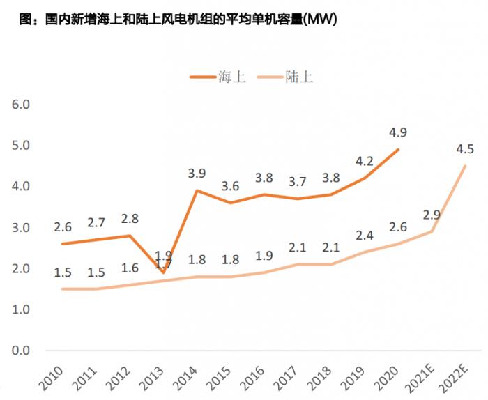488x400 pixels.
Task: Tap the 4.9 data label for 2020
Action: click(x=398, y=132)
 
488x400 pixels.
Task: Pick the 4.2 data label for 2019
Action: click(x=364, y=162)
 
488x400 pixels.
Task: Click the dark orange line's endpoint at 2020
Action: click(x=398, y=149)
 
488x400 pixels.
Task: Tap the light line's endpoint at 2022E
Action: click(x=465, y=166)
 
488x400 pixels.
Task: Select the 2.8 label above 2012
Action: click(x=129, y=219)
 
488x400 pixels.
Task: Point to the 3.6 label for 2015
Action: click(x=229, y=186)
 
